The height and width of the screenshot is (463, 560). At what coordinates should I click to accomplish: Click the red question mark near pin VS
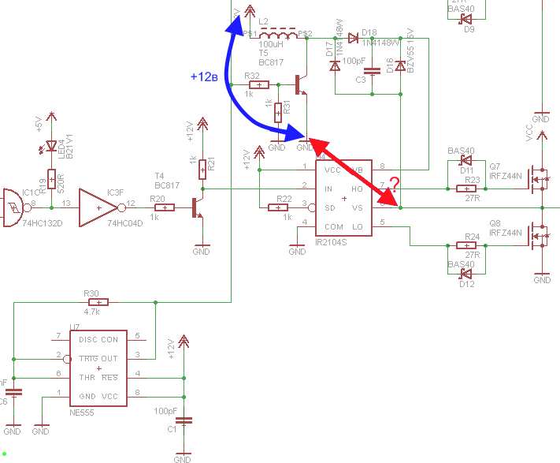[x=394, y=183]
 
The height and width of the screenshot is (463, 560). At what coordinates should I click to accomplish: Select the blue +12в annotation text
[x=204, y=77]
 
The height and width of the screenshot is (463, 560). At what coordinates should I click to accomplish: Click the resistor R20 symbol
[x=165, y=207]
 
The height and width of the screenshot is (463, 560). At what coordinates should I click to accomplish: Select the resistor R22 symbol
[x=280, y=207]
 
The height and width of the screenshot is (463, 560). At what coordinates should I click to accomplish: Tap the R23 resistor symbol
[x=468, y=189]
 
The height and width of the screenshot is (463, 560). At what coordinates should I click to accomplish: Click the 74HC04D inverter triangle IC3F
[x=98, y=208]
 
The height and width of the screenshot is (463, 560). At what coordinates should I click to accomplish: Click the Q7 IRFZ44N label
[x=505, y=172]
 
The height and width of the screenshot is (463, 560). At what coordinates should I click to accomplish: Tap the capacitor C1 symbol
[x=183, y=421]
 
